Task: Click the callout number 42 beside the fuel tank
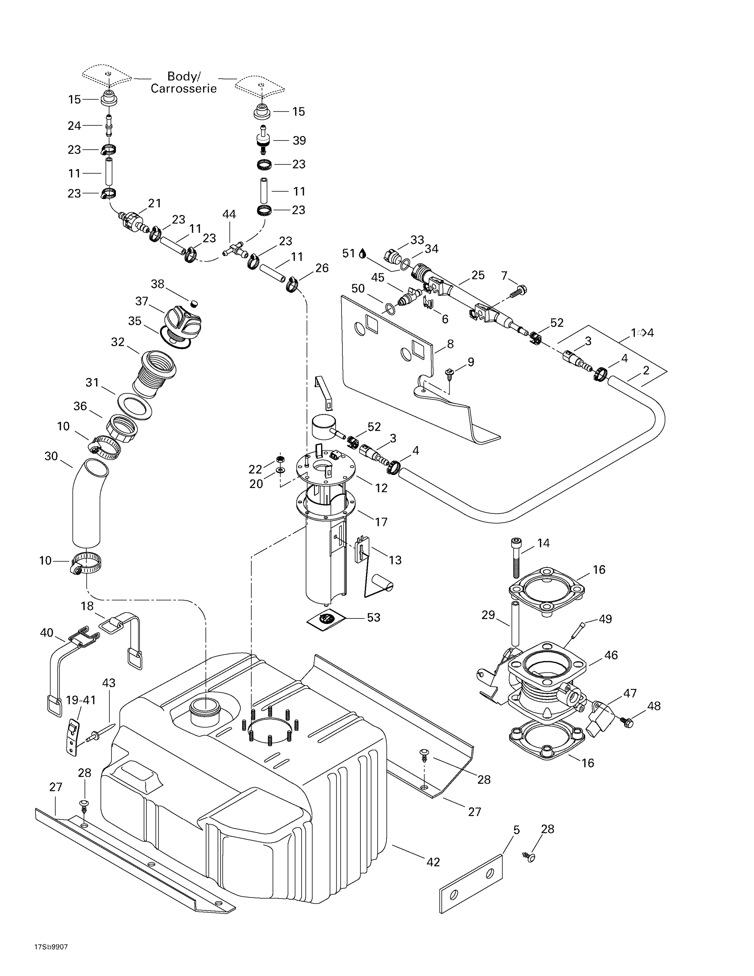[433, 862]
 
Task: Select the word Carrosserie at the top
[183, 88]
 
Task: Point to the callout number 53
[373, 617]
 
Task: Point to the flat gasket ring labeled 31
[134, 407]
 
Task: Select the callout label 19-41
[81, 700]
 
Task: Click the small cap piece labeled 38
[194, 304]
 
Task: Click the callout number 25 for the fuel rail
[478, 275]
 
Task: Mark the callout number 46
[611, 655]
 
